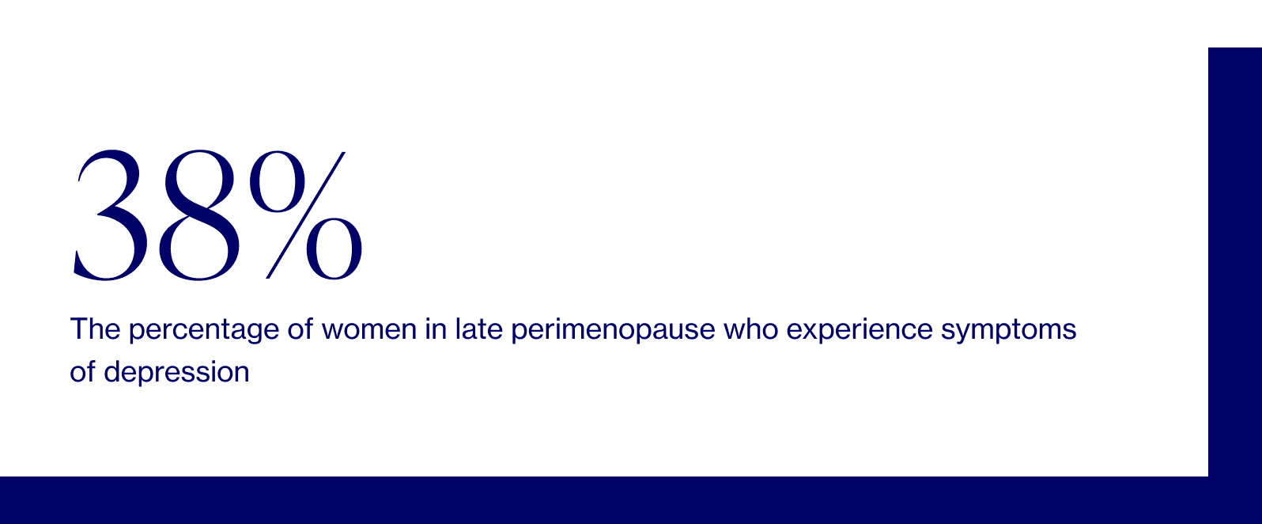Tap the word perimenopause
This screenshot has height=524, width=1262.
click(x=613, y=329)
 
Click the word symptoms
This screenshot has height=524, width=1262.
click(x=1008, y=329)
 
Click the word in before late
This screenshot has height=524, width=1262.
click(x=435, y=329)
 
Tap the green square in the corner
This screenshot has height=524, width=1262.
click(x=1234, y=23)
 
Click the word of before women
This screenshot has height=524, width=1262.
click(x=300, y=329)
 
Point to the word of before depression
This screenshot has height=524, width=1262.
click(x=83, y=372)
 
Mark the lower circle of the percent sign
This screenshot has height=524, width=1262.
click(x=334, y=248)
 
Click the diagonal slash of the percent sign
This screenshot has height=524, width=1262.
click(x=306, y=215)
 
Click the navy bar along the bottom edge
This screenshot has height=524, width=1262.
click(x=601, y=500)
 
